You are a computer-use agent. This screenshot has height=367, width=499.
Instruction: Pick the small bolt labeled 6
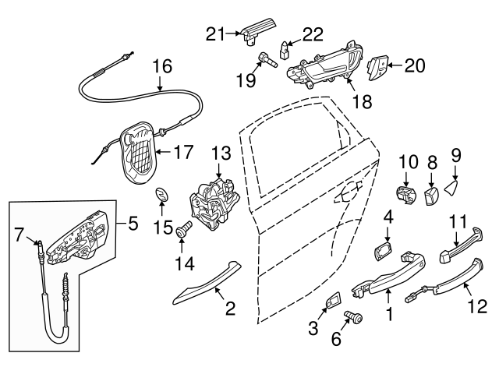click(352, 317)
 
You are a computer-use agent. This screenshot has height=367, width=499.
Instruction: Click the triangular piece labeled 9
click(455, 187)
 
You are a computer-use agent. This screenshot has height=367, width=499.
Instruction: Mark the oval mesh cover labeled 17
click(138, 153)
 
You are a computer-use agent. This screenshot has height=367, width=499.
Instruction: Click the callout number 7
click(20, 232)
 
